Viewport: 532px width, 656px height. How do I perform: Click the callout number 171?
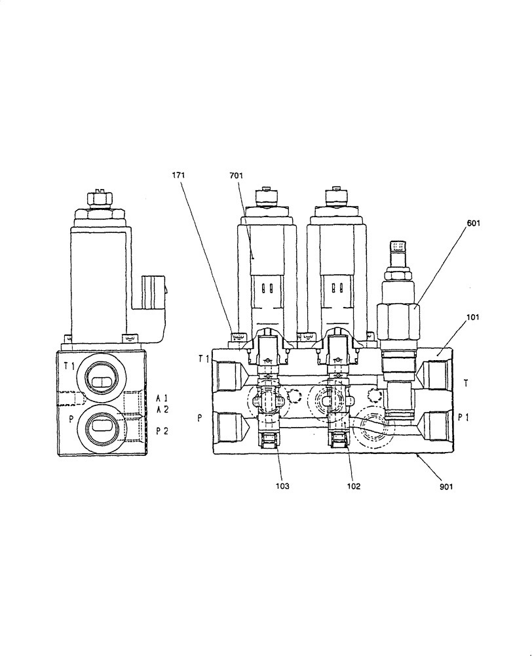point(178,176)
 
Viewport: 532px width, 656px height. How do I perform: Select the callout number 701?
point(237,176)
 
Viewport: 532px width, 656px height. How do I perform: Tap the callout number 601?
point(474,222)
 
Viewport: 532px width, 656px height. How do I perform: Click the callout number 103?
point(282,486)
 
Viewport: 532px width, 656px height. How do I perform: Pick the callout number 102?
point(354,486)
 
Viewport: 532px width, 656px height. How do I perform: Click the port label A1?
point(162,398)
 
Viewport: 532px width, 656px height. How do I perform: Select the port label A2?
point(162,409)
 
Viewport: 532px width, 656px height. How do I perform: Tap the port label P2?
point(162,431)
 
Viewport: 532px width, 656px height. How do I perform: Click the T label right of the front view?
point(465,382)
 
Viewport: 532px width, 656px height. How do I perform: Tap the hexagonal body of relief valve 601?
point(397,319)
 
